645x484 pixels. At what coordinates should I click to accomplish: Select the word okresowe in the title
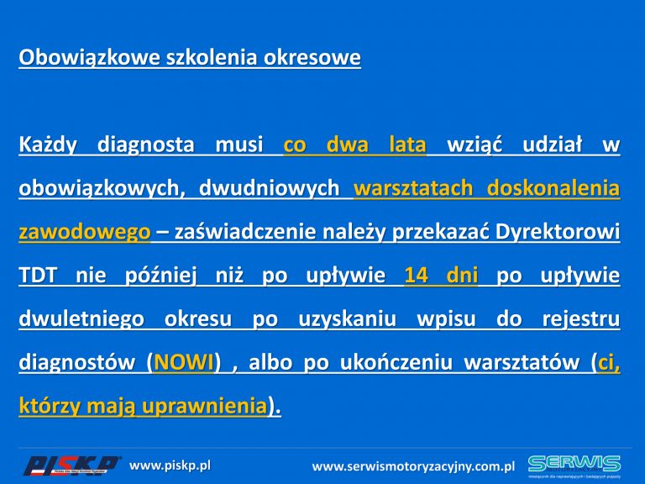tap(312, 58)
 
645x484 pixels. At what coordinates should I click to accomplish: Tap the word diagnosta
tap(145, 145)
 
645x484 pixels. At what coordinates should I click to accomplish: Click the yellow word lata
tap(407, 145)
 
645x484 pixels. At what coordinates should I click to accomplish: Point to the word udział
tap(553, 145)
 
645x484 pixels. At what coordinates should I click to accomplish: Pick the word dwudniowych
tap(269, 188)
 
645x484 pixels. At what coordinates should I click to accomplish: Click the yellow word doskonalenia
tap(553, 188)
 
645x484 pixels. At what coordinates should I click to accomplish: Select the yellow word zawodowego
tap(85, 232)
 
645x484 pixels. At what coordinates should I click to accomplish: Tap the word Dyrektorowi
tap(558, 232)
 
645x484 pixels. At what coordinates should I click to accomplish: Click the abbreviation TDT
tap(38, 276)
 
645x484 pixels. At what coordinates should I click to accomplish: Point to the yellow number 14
tap(416, 276)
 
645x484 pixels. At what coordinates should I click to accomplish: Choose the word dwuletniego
tap(81, 319)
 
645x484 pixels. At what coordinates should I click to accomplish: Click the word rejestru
tap(581, 319)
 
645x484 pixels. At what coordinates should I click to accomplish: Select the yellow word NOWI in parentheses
tap(183, 363)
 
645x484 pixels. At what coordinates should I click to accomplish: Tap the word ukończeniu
tap(396, 363)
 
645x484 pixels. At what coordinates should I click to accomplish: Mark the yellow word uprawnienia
tap(204, 407)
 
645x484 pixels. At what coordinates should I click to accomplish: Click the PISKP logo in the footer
tap(71, 466)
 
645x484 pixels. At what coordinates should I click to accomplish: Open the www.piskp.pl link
tap(170, 466)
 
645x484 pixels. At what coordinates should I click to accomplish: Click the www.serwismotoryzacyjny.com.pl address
tap(413, 466)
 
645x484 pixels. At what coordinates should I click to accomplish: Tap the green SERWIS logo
tap(574, 466)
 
